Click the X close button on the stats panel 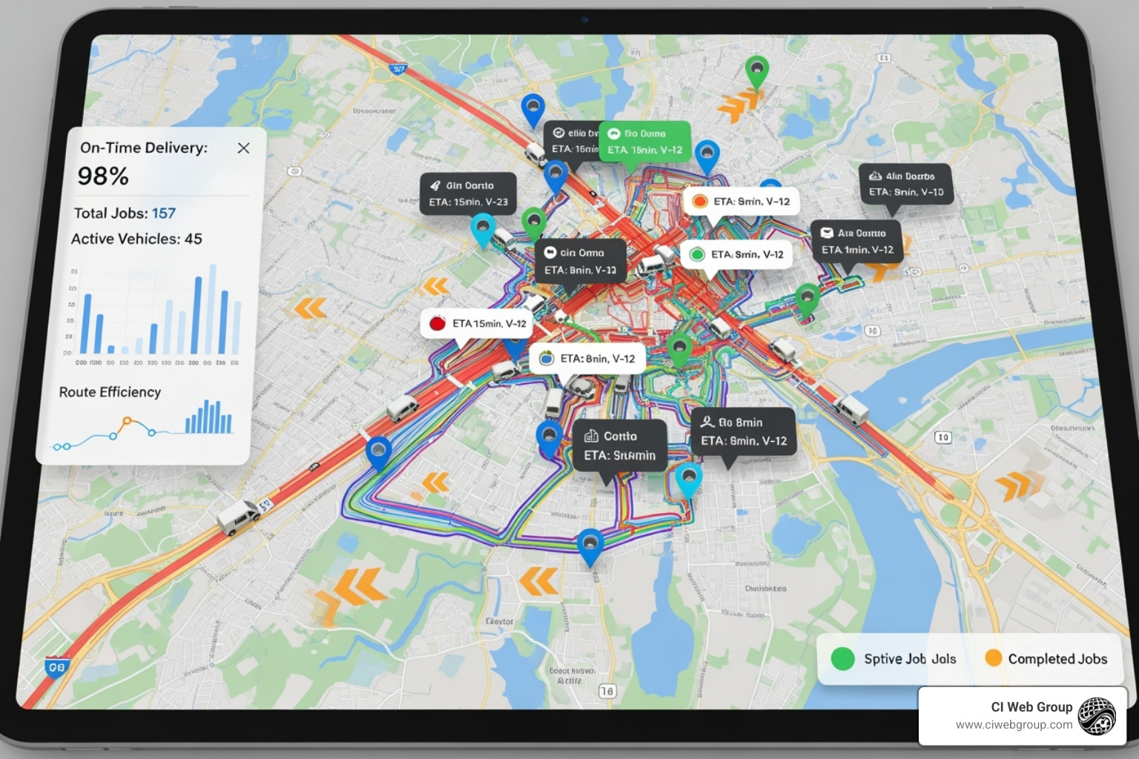coord(243,148)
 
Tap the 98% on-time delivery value coord(103,176)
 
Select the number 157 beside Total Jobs coord(164,213)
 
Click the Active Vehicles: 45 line coord(136,239)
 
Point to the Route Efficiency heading coord(110,392)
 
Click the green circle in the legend coord(842,658)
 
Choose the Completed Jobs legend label coord(1057,659)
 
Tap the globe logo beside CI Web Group coord(1097,716)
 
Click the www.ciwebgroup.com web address coord(1014,725)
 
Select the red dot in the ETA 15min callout coord(438,323)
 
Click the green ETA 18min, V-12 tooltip coord(644,142)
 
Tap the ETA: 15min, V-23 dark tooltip coord(468,193)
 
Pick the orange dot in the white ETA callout coord(699,201)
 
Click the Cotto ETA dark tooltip coord(619,445)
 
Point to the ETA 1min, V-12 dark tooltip coord(856,242)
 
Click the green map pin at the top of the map coord(756,71)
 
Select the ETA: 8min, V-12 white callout coord(587,359)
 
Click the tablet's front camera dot coord(585,20)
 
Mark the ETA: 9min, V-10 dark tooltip coord(905,184)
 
